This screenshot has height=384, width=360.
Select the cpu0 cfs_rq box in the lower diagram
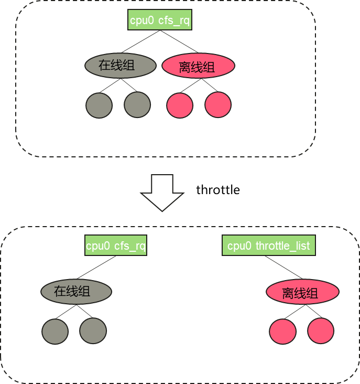tap(116, 246)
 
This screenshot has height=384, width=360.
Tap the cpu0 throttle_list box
tap(269, 246)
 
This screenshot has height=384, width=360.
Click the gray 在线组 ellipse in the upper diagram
tap(121, 66)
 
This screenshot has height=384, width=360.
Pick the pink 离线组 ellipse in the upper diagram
tap(198, 66)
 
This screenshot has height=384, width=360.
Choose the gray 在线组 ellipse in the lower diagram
tap(77, 292)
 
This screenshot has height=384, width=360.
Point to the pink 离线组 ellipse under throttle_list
tap(302, 292)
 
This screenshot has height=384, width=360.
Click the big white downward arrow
tap(162, 193)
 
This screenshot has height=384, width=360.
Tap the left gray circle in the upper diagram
tap(99, 105)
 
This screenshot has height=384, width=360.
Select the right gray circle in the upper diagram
tap(137, 105)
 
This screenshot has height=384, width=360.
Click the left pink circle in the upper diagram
tap(180, 105)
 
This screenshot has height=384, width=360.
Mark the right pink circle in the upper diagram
tap(218, 105)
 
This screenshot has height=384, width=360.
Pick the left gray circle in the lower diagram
tap(55, 331)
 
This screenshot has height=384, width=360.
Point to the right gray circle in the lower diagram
tap(93, 331)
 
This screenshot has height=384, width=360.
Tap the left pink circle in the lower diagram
tap(283, 331)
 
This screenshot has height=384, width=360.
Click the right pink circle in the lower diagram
tap(321, 331)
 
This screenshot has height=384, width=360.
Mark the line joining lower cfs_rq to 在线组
tap(97, 268)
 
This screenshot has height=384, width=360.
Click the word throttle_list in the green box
tap(282, 246)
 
